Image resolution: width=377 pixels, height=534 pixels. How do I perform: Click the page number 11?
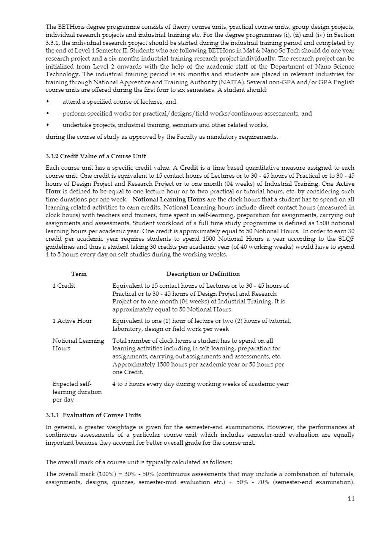click(351, 498)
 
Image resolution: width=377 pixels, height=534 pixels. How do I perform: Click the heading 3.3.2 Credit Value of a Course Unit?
click(96, 157)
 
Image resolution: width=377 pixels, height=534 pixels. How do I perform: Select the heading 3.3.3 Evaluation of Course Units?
click(93, 415)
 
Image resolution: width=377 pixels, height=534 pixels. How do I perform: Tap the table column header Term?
click(79, 274)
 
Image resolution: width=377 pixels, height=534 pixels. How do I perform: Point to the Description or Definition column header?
click(202, 274)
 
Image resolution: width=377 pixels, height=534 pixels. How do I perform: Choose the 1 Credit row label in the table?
click(64, 286)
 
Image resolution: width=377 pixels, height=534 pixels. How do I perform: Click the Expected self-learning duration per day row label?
click(77, 392)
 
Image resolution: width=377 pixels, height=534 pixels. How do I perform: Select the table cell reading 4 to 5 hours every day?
click(200, 384)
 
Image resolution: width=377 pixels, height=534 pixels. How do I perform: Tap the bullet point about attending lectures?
click(119, 102)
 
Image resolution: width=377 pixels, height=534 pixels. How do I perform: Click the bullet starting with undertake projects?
click(165, 125)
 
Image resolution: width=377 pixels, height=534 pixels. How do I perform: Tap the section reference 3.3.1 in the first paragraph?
click(53, 43)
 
